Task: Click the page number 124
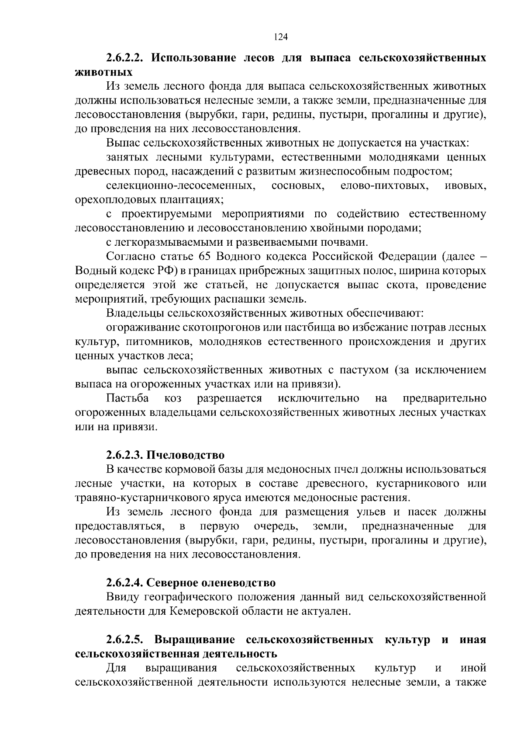coord(281,37)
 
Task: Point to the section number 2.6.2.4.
coord(124,583)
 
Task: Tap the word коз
coord(173,398)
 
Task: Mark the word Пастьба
coord(128,398)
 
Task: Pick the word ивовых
coord(465,186)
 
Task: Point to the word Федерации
coord(407,257)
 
